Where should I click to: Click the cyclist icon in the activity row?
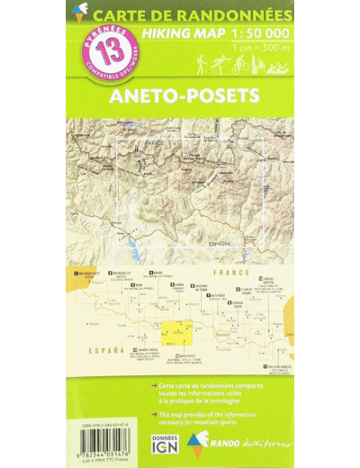(240, 66)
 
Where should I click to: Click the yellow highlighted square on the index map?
(176, 332)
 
